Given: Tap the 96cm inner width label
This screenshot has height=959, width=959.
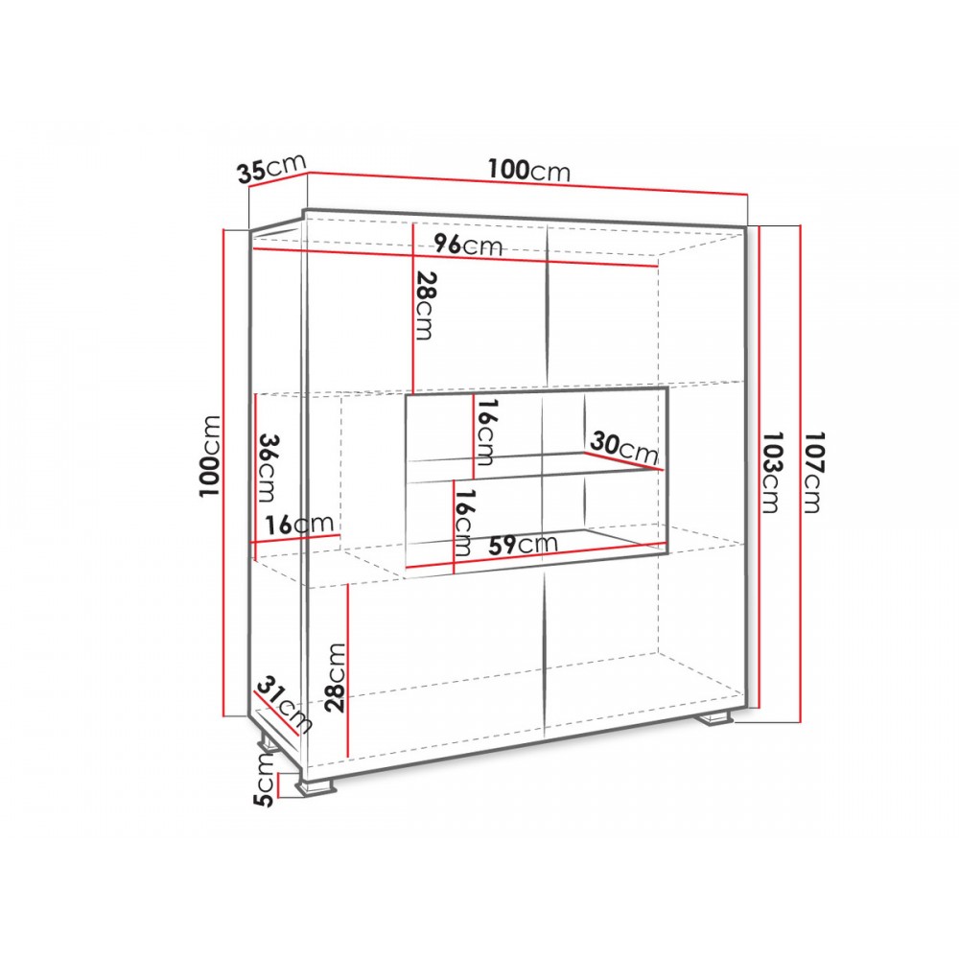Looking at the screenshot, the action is click(469, 246).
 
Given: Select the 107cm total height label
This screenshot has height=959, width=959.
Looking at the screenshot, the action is click(814, 472).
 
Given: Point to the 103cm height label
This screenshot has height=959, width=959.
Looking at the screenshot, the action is click(772, 472).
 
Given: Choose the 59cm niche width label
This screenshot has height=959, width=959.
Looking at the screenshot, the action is click(523, 544).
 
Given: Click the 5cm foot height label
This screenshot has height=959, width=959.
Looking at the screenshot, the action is click(265, 779).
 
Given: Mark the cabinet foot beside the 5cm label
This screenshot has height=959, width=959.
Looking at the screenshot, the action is click(316, 787).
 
